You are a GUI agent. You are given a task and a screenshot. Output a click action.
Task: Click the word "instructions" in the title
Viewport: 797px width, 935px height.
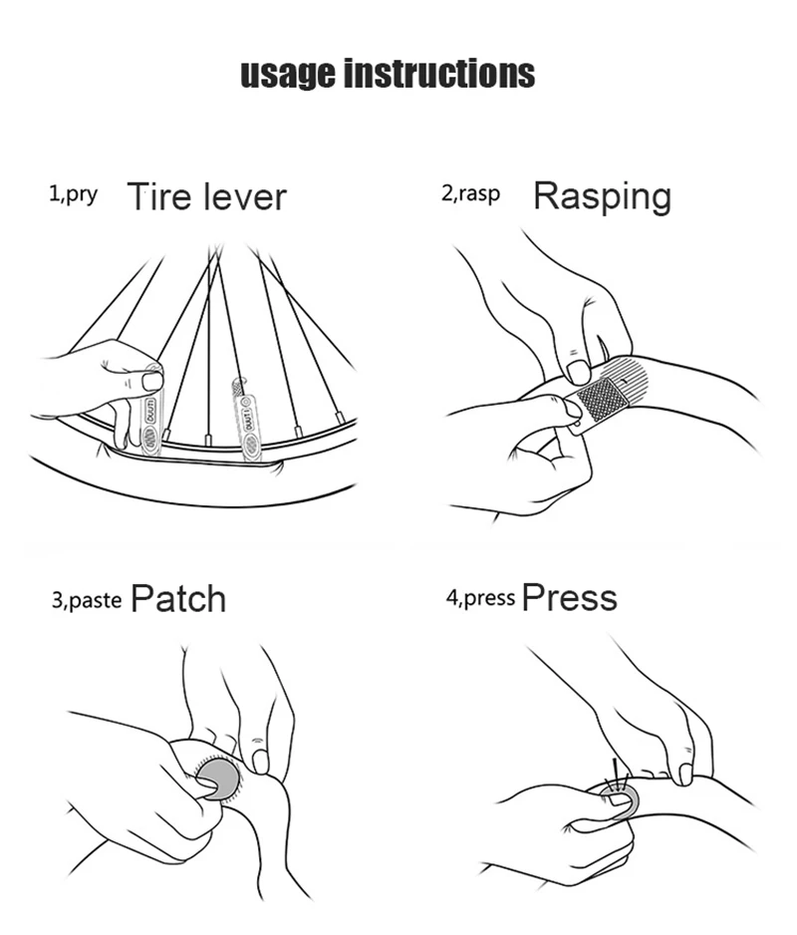pyautogui.click(x=438, y=74)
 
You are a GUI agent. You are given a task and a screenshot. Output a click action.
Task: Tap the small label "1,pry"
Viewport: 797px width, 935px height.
pyautogui.click(x=74, y=193)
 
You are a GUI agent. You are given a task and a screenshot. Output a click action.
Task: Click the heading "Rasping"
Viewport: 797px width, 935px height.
pyautogui.click(x=602, y=196)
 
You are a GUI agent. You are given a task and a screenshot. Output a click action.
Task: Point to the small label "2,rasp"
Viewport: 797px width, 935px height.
pyautogui.click(x=470, y=193)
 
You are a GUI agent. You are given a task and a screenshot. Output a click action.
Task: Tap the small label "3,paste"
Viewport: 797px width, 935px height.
pyautogui.click(x=86, y=599)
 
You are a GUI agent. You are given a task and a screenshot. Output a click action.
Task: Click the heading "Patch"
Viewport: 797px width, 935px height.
pyautogui.click(x=178, y=599)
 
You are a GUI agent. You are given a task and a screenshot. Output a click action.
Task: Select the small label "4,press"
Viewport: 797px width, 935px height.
pyautogui.click(x=480, y=598)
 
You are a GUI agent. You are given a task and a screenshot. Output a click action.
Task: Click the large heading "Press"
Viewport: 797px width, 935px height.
pyautogui.click(x=569, y=598)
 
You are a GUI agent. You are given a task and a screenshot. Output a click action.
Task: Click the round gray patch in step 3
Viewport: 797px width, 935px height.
pyautogui.click(x=218, y=775)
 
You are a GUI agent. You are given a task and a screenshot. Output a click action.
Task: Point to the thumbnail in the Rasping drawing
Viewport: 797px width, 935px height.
pyautogui.click(x=578, y=372)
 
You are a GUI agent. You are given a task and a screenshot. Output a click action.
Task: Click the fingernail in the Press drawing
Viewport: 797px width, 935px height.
pyautogui.click(x=685, y=774)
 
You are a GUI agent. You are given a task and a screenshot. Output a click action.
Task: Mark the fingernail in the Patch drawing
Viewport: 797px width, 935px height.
pyautogui.click(x=260, y=761)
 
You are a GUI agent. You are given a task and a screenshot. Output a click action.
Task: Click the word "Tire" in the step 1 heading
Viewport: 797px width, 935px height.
pyautogui.click(x=158, y=196)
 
